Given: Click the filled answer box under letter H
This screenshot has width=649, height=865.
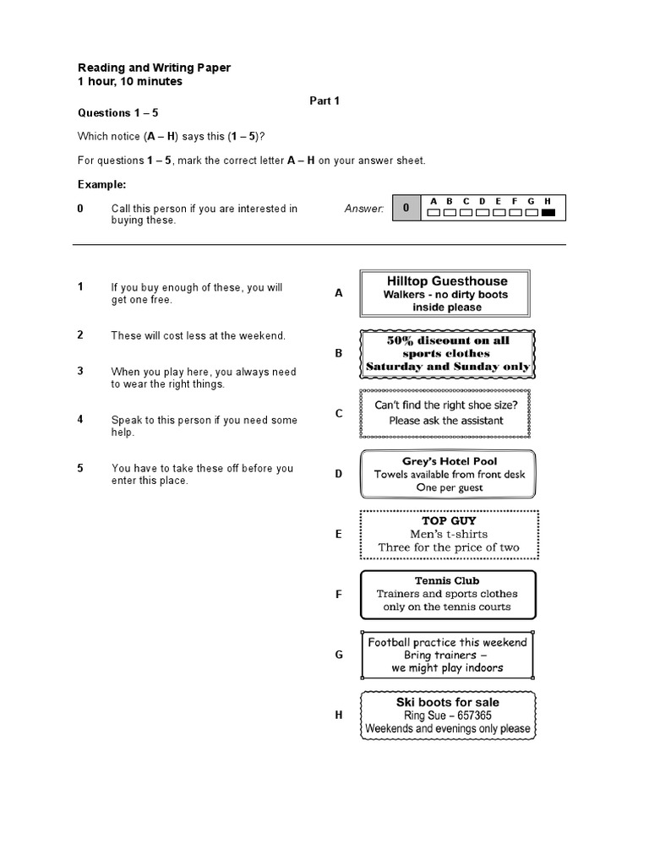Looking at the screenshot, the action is [548, 213].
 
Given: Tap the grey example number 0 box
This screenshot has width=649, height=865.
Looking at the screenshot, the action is [406, 208].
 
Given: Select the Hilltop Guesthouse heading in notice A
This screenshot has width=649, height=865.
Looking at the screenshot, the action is [447, 280].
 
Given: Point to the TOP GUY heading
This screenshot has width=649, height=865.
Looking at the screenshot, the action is [449, 521].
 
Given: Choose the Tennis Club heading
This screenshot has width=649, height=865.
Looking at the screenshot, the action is [447, 580].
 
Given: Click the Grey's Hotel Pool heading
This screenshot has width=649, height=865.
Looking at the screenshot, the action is [449, 461].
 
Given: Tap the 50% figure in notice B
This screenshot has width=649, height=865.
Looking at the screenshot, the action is [401, 340].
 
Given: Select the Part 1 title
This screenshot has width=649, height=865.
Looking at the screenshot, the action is [324, 101].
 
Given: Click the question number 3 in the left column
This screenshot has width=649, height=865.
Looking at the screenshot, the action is [80, 371].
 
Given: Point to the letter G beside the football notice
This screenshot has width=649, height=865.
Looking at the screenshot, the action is [339, 655].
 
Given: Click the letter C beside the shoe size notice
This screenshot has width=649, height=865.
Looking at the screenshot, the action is [339, 413].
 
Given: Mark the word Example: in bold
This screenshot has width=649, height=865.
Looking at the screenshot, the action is [102, 184].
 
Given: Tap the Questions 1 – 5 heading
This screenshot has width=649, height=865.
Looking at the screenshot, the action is [118, 112].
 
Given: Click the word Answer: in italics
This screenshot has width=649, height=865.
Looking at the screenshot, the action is [364, 208].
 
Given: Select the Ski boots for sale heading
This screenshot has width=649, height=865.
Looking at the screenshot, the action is [447, 702].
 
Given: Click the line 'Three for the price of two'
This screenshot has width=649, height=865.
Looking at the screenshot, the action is [449, 547].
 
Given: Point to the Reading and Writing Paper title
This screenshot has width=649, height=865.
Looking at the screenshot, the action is [154, 68].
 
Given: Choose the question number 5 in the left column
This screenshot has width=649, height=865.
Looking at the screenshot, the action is [80, 468].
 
